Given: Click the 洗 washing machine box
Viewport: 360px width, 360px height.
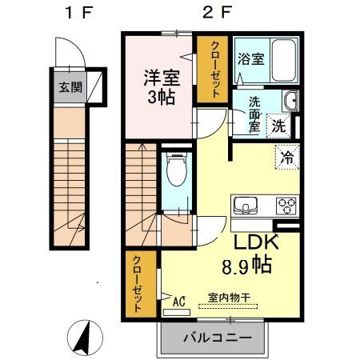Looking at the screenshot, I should click(x=278, y=126).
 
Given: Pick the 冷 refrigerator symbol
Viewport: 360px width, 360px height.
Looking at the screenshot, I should click(x=286, y=157).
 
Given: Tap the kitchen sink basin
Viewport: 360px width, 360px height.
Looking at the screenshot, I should click(x=243, y=205).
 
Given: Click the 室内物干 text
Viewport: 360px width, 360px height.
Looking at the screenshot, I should click(x=230, y=298).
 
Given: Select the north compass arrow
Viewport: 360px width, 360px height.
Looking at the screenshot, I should click(x=82, y=338).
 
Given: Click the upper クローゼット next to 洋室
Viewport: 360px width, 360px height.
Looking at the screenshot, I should click(x=214, y=70).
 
